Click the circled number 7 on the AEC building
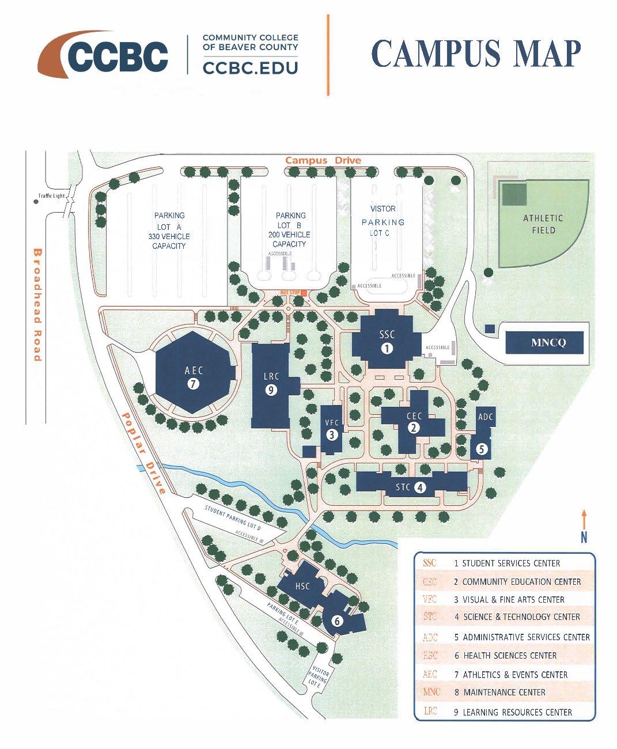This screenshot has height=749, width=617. coord(194,384)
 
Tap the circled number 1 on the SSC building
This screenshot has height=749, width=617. coord(387,348)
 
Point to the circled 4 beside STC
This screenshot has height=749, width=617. coord(421,487)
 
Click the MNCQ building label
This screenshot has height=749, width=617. coord(548,343)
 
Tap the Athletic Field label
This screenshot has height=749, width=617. coord(543,224)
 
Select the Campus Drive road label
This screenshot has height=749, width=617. coord(323,160)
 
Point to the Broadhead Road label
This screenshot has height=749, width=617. coord(37,305)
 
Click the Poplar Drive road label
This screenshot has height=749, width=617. coord(144,453)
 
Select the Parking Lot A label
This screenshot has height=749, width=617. coord(169,230)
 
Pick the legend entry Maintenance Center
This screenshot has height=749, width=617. coord(504,692)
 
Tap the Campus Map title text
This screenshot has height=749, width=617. coord(476,54)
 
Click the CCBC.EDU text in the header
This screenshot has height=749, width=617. coord(250,67)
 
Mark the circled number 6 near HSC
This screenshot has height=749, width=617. coord(338,621)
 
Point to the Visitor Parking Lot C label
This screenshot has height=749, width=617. coord(383,221)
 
